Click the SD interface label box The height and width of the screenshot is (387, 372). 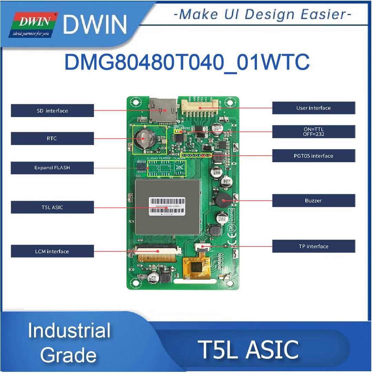tap(52, 111)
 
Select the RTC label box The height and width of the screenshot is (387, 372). tap(52, 138)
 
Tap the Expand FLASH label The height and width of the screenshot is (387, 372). tap(52, 168)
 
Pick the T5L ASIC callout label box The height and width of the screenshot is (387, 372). tap(52, 207)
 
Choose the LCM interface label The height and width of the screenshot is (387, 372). tap(52, 251)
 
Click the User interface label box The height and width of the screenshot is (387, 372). tap(313, 108)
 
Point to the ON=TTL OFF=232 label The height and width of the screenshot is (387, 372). tap(313, 132)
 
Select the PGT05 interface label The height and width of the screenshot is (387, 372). tap(313, 156)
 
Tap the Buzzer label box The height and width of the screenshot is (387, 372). tap(313, 200)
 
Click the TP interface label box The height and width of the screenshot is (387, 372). tap(313, 246)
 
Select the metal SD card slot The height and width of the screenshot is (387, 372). tap(164, 109)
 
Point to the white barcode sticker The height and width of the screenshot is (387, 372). tap(167, 206)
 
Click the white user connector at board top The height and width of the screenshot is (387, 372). tap(201, 105)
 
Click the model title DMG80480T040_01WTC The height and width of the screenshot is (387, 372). tap(187, 62)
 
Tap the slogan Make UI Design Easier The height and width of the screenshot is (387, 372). tap(262, 14)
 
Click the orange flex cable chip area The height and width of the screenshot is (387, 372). tap(196, 268)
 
